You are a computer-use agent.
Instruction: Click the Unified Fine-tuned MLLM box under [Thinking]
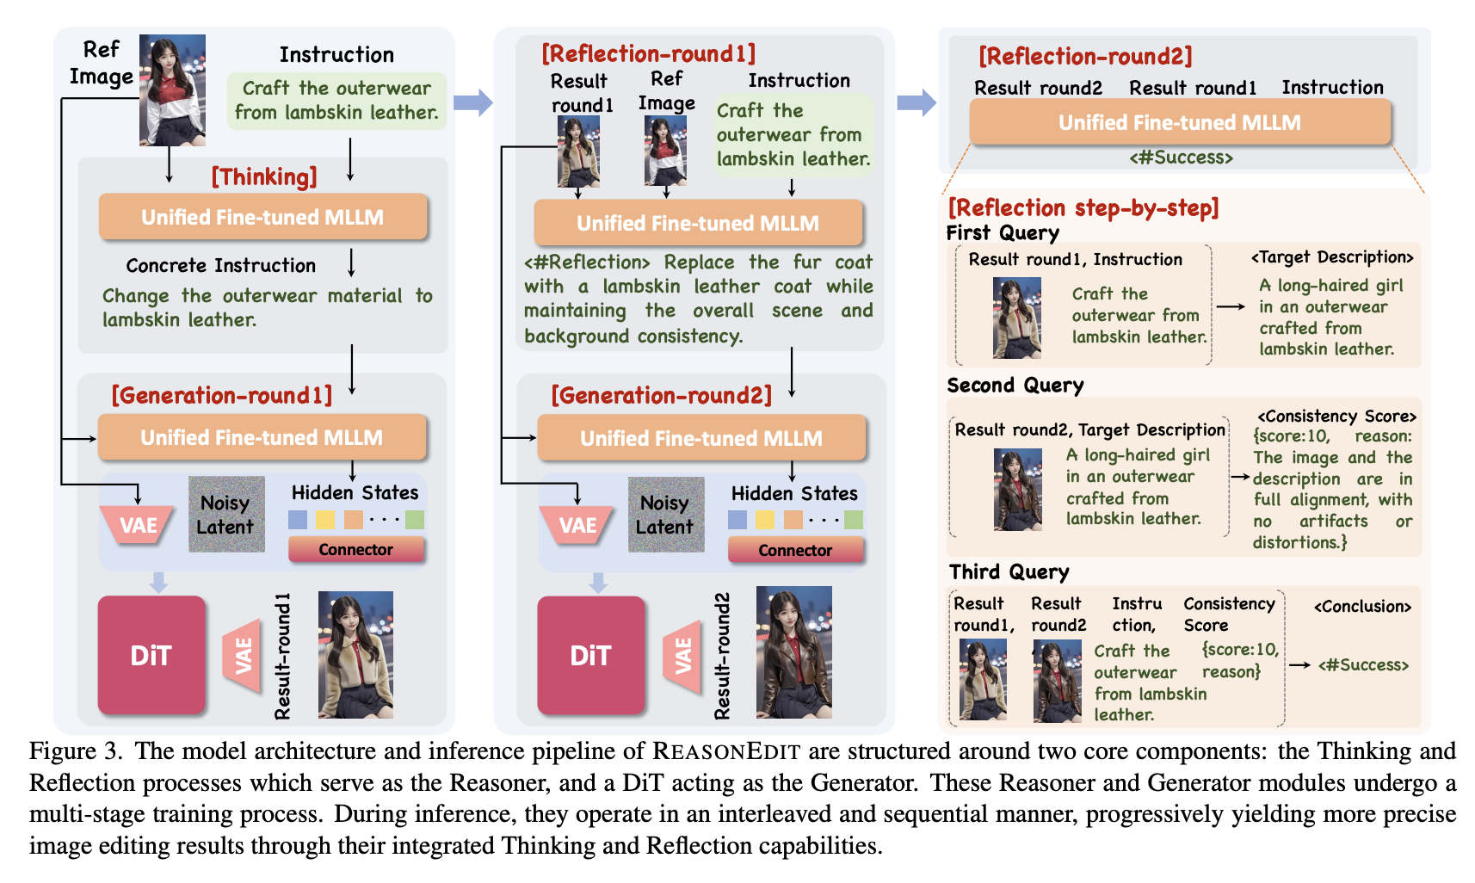262,217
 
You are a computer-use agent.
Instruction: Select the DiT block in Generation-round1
151,655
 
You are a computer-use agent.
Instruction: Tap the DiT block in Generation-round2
590,655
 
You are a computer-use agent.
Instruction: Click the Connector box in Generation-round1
355,549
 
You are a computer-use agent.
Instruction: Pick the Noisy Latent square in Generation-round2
665,515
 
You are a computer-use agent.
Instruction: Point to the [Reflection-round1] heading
648,53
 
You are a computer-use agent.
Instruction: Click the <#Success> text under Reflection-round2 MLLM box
1181,157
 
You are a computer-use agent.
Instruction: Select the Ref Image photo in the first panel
172,90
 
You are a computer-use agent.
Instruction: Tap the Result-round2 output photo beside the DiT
793,652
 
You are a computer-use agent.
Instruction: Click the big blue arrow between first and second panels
472,102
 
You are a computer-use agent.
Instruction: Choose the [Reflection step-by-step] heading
1083,207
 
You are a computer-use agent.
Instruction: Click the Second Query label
1015,385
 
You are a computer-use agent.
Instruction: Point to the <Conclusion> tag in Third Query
1362,607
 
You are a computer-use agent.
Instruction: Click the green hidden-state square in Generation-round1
415,520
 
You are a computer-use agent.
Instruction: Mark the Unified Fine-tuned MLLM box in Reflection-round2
1179,122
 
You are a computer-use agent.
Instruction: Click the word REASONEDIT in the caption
726,751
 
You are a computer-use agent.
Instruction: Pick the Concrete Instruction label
220,265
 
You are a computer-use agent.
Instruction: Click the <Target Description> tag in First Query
1331,257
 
